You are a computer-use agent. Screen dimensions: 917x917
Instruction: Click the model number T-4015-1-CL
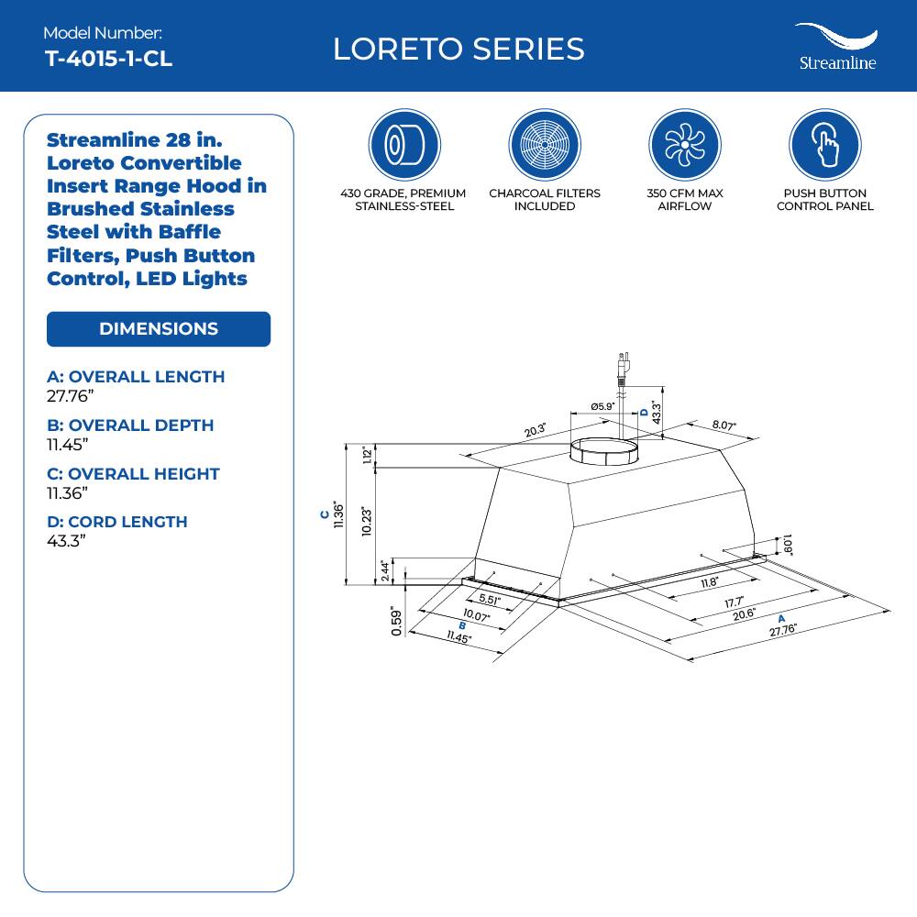[x=108, y=59]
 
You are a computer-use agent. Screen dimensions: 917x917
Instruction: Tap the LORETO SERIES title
[x=458, y=49]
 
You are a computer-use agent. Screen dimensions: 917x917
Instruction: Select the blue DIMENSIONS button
[x=159, y=329]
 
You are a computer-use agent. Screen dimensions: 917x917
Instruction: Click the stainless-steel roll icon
[x=403, y=145]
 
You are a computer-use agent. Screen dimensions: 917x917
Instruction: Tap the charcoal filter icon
[x=544, y=145]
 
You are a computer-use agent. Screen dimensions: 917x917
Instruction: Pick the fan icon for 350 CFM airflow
[x=684, y=145]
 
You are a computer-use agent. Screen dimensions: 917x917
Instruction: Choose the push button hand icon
[x=824, y=145]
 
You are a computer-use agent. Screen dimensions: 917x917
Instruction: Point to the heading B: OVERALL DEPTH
[x=130, y=425]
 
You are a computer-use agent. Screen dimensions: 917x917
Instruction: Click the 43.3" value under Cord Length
[x=66, y=541]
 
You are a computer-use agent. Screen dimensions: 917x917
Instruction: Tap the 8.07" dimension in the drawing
[x=724, y=426]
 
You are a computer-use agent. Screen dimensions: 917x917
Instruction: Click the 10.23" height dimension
[x=367, y=525]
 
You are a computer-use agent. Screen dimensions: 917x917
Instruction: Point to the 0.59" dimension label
[x=396, y=621]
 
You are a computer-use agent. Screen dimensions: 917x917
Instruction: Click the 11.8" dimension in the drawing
[x=710, y=581]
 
